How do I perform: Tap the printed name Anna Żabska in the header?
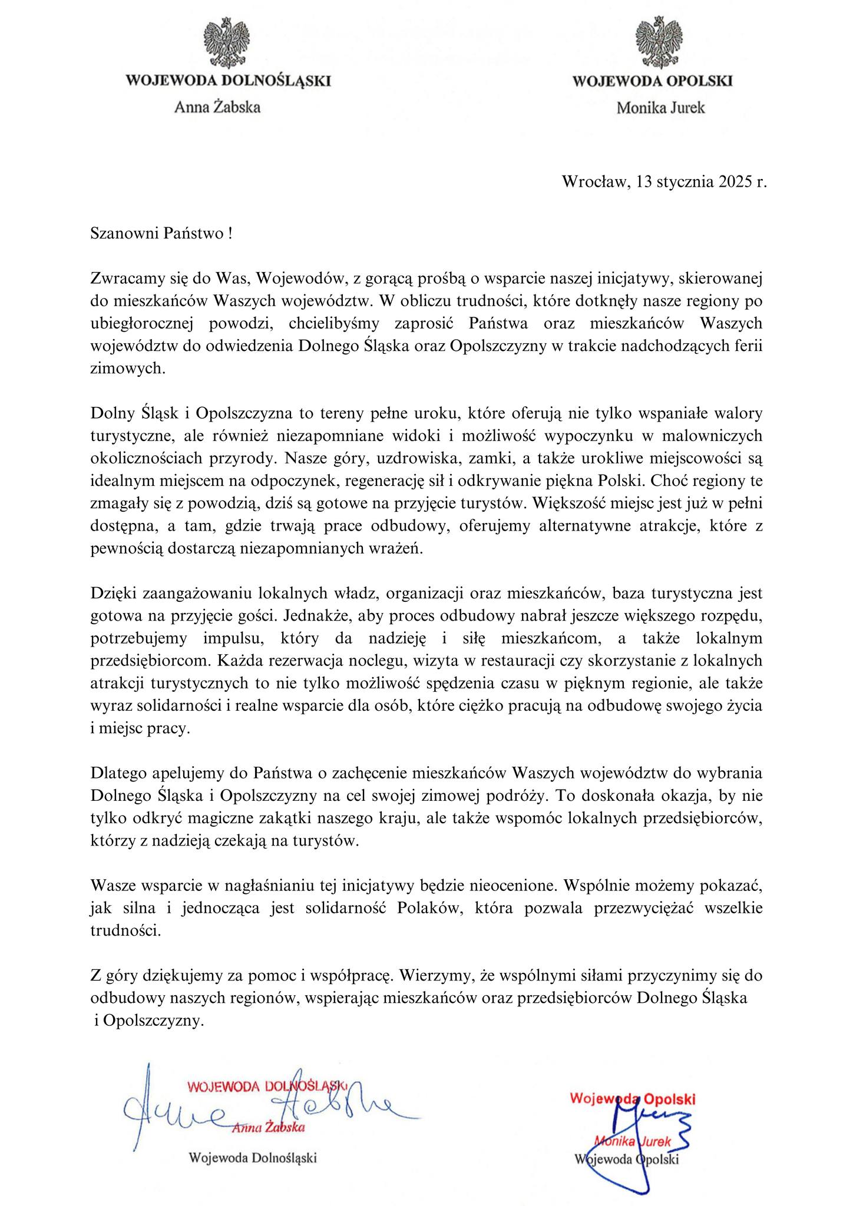(x=217, y=107)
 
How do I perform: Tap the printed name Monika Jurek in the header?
(x=660, y=108)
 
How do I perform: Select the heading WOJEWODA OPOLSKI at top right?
(x=653, y=81)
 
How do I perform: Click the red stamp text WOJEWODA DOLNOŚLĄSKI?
(x=266, y=1086)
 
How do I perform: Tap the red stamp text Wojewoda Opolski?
(x=634, y=1099)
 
